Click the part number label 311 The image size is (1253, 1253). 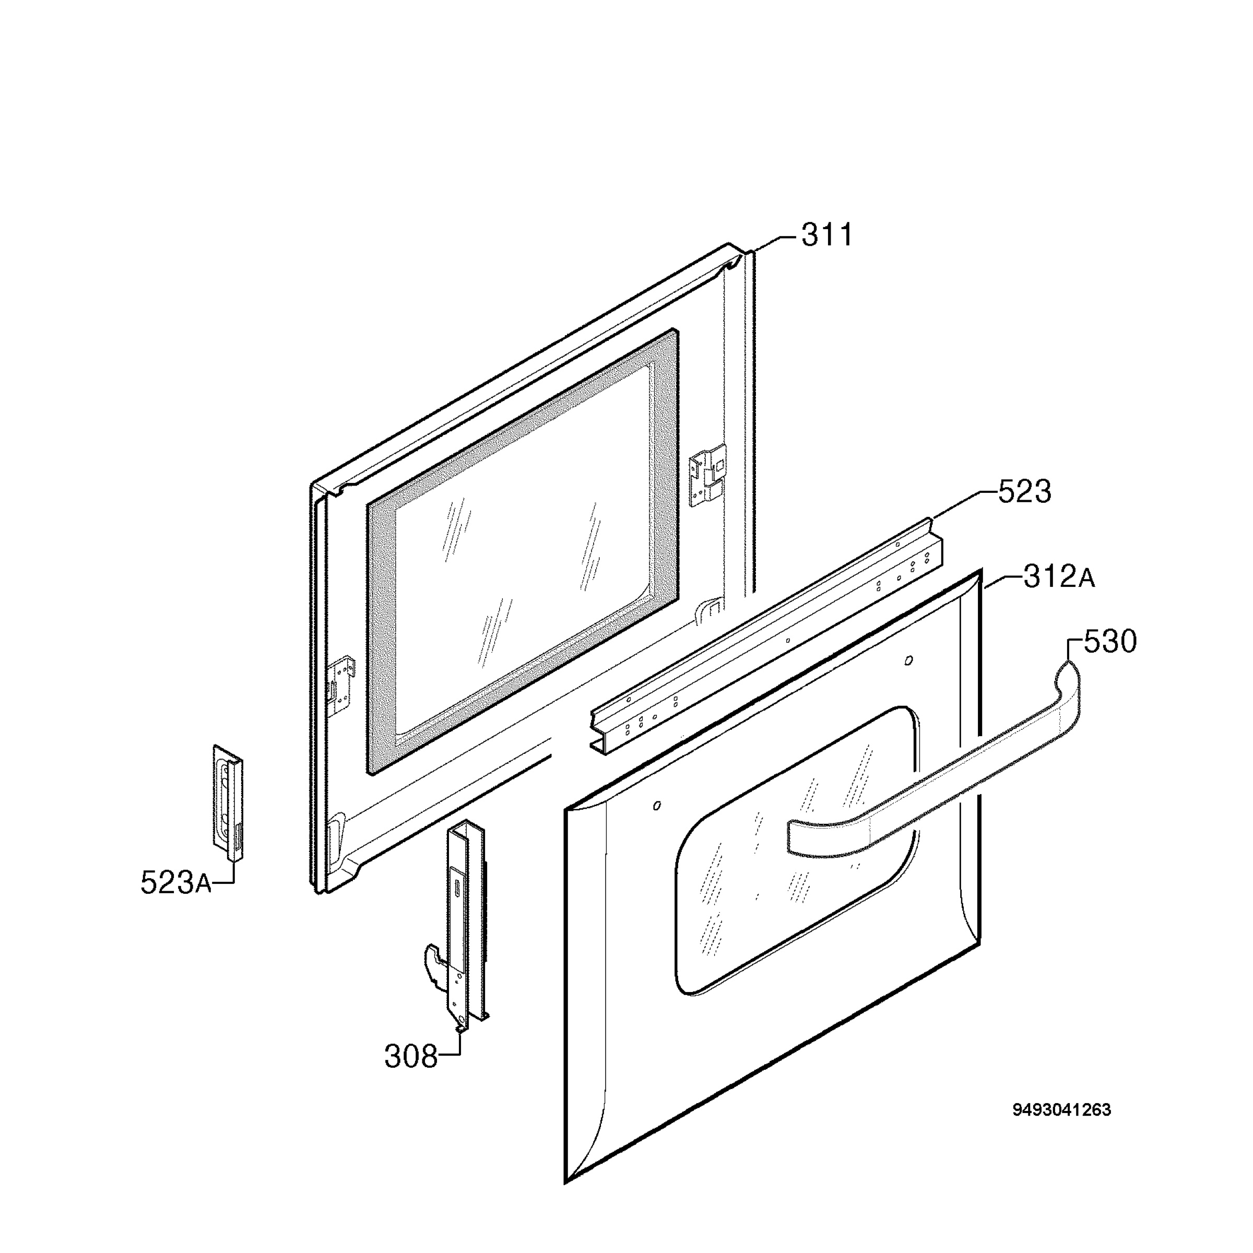tap(827, 235)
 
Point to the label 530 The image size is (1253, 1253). tap(1110, 642)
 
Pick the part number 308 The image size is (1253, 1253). tap(411, 1057)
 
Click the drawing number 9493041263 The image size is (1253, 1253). tap(1062, 1109)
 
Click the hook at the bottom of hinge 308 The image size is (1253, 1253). tap(434, 962)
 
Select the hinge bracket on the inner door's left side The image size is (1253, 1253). tap(342, 685)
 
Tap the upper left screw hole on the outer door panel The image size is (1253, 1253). tap(658, 806)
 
